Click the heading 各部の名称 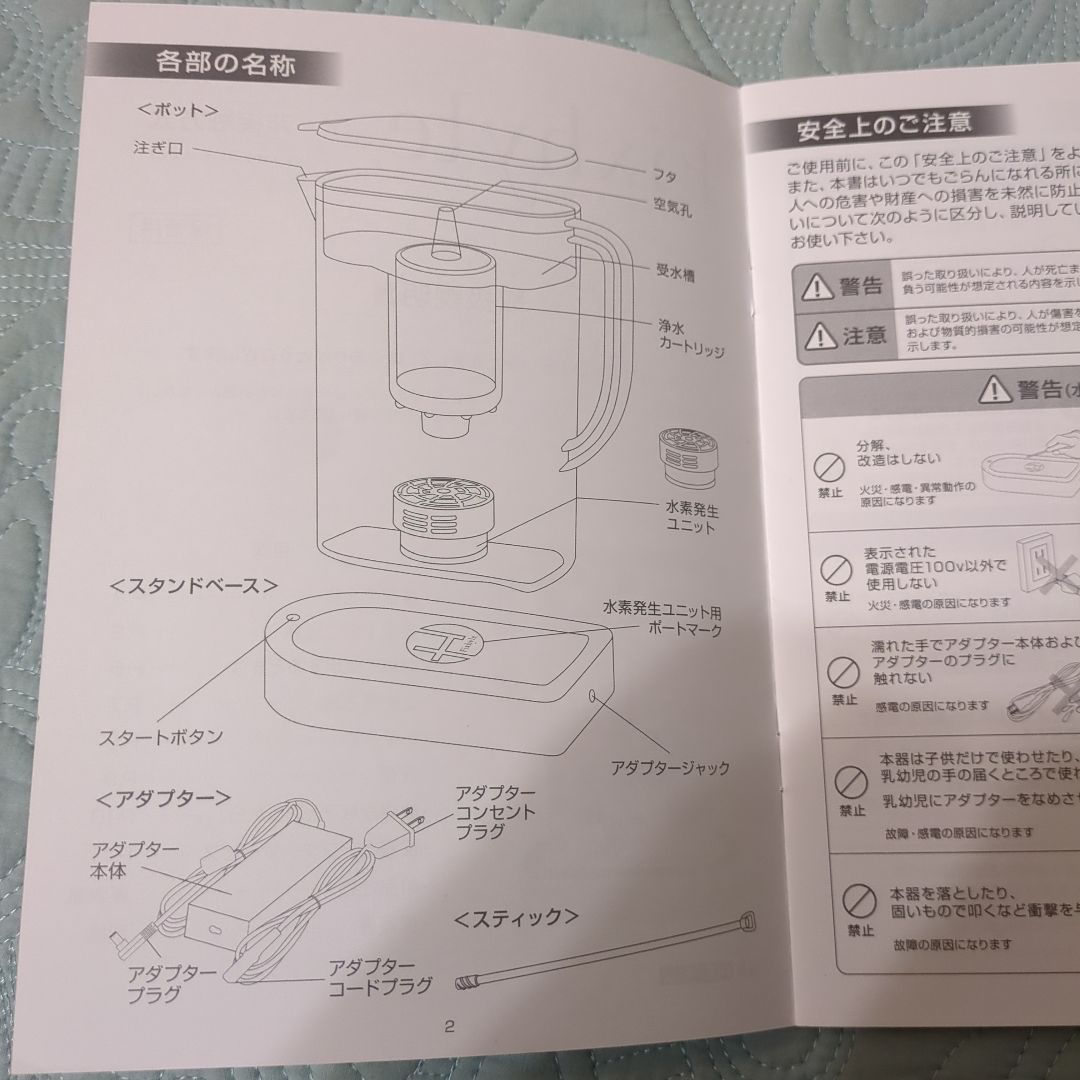pos(224,65)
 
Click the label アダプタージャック pos(669,768)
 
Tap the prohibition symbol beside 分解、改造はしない pos(826,466)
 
